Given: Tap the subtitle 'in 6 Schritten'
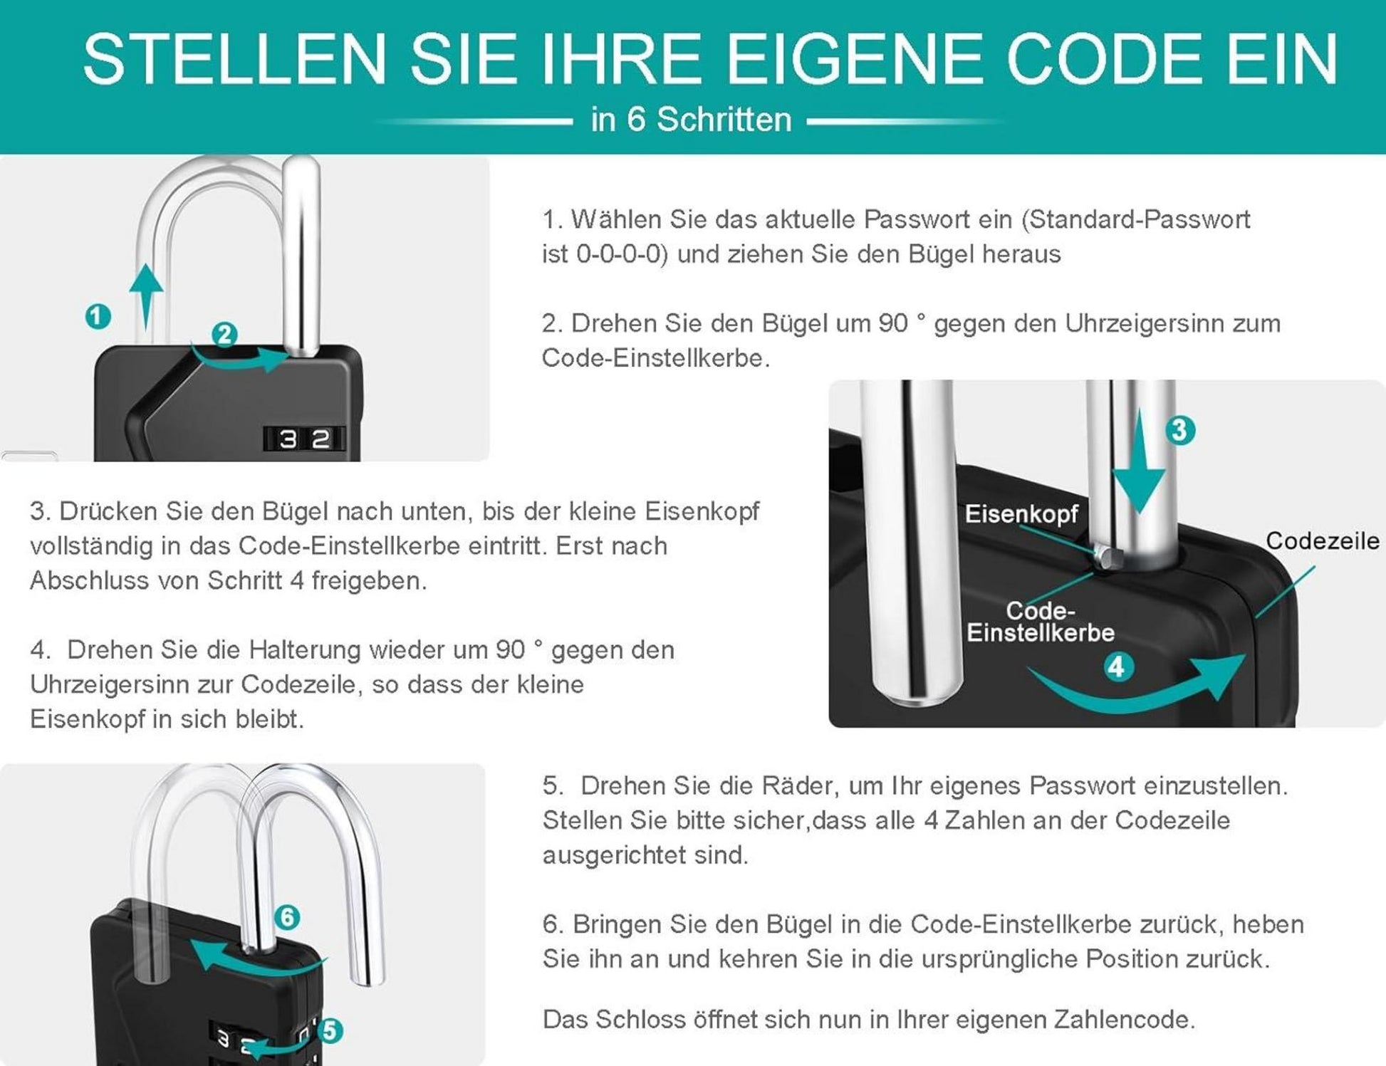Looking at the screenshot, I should [691, 120].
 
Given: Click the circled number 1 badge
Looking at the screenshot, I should [98, 316].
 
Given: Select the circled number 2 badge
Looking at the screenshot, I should [224, 334].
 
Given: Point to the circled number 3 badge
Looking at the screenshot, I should [1179, 430].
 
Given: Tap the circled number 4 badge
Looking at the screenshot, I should [1118, 667].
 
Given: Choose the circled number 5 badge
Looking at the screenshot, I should [329, 1030].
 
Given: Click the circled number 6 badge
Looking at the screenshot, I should [287, 916].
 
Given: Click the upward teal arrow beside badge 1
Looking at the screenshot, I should [146, 296].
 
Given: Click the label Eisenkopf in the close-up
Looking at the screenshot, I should [1021, 513].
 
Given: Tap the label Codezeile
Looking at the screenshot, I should [1322, 541].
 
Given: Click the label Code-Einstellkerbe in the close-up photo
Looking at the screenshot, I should [1040, 622].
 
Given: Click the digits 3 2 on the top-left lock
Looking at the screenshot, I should [305, 439].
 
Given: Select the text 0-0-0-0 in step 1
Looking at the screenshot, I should [620, 254].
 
